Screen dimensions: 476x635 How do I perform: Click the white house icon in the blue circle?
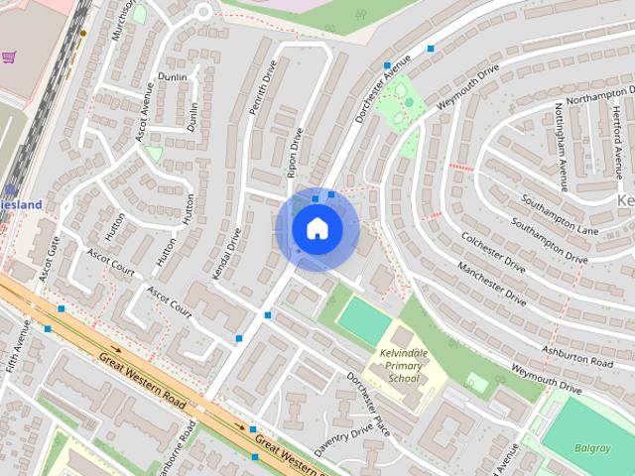pyautogui.click(x=317, y=229)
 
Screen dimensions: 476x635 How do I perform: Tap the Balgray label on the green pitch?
pyautogui.click(x=592, y=447)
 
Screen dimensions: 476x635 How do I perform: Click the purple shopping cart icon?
pyautogui.click(x=9, y=59)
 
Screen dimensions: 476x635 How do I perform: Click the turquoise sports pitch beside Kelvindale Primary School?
pyautogui.click(x=364, y=320)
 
